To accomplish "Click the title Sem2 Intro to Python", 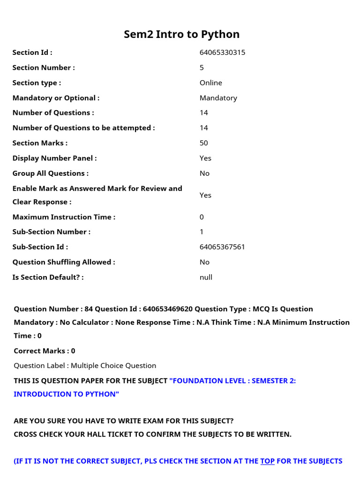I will click(181, 34).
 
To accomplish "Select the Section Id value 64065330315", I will click(222, 52).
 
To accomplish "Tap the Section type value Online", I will click(210, 83).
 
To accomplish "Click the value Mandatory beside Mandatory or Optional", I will click(218, 98).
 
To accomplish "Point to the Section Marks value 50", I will click(203, 143).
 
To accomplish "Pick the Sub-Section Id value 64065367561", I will click(222, 247).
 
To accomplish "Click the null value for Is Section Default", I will click(206, 277).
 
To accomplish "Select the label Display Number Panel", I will click(54, 158).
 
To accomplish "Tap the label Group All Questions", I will click(50, 173).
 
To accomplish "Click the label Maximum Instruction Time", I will click(64, 217).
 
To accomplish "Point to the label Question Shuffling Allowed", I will click(63, 262).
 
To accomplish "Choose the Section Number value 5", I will click(202, 67).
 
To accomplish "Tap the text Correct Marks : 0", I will click(45, 351).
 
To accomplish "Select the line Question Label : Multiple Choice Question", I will click(85, 366).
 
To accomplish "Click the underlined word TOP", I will click(267, 461).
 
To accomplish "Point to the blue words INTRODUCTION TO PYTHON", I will click(67, 394).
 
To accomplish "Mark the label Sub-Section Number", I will click(52, 232).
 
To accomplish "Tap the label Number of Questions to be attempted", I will click(83, 128).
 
